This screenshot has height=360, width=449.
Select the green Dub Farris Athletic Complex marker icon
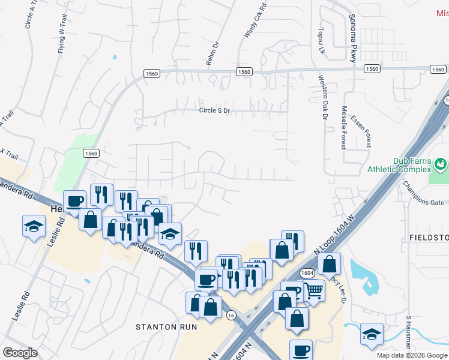(441, 163)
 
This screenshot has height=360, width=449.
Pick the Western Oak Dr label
(322, 97)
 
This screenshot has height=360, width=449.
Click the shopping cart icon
(314, 291)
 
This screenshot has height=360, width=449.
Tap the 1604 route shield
(307, 272)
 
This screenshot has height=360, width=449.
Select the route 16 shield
(231, 314)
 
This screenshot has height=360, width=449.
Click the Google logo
(20, 352)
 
